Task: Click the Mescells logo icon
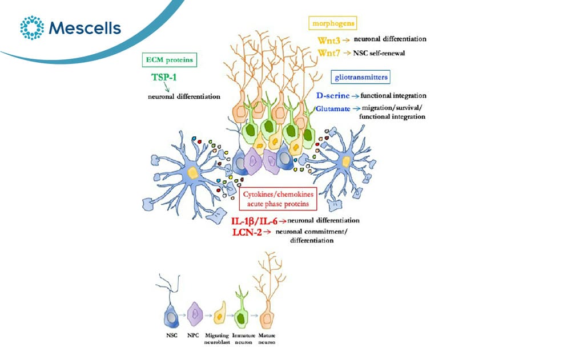pyautogui.click(x=32, y=27)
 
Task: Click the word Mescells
pyautogui.click(x=85, y=28)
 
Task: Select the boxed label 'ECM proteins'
pyautogui.click(x=170, y=60)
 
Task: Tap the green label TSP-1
pyautogui.click(x=164, y=77)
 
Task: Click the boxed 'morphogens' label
pyautogui.click(x=333, y=23)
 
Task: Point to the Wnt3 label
pyautogui.click(x=328, y=41)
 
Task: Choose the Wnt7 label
pyautogui.click(x=328, y=53)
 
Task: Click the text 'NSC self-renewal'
pyautogui.click(x=379, y=53)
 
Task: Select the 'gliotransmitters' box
pyautogui.click(x=361, y=77)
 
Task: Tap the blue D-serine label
pyautogui.click(x=333, y=96)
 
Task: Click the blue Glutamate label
pyautogui.click(x=333, y=108)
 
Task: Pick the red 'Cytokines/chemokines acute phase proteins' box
pyautogui.click(x=278, y=199)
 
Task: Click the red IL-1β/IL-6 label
pyautogui.click(x=254, y=221)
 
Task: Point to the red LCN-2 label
pyautogui.click(x=247, y=232)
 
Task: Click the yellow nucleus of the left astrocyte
pyautogui.click(x=192, y=172)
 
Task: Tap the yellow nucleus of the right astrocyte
pyautogui.click(x=345, y=161)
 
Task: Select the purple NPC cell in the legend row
pyautogui.click(x=195, y=313)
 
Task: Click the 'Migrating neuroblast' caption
pyautogui.click(x=217, y=339)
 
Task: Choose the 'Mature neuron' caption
pyautogui.click(x=267, y=339)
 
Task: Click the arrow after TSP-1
pyautogui.click(x=167, y=87)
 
